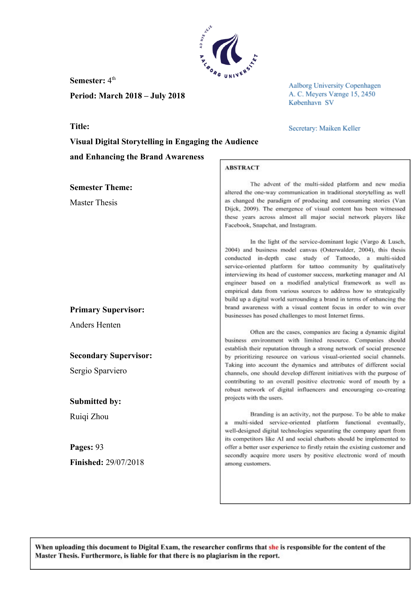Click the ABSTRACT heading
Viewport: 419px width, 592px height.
click(242, 168)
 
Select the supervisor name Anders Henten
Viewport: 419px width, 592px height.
click(95, 325)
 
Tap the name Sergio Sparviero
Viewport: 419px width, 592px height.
click(98, 371)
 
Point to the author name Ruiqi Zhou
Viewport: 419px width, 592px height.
click(89, 416)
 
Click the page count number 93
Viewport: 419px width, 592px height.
click(99, 447)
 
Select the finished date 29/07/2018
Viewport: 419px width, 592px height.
click(124, 462)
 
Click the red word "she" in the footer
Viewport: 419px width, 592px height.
click(273, 547)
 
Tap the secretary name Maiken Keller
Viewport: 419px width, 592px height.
click(340, 128)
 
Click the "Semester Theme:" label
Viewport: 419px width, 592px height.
click(101, 187)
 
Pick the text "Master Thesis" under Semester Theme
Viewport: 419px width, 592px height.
click(93, 202)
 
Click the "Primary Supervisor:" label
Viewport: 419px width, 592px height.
click(107, 310)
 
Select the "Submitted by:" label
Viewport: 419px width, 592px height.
click(95, 401)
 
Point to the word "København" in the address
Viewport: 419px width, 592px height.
click(305, 103)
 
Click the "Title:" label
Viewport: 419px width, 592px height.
click(80, 126)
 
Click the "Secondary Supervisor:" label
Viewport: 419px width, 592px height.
click(111, 355)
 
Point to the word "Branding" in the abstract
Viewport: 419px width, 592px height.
click(261, 414)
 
